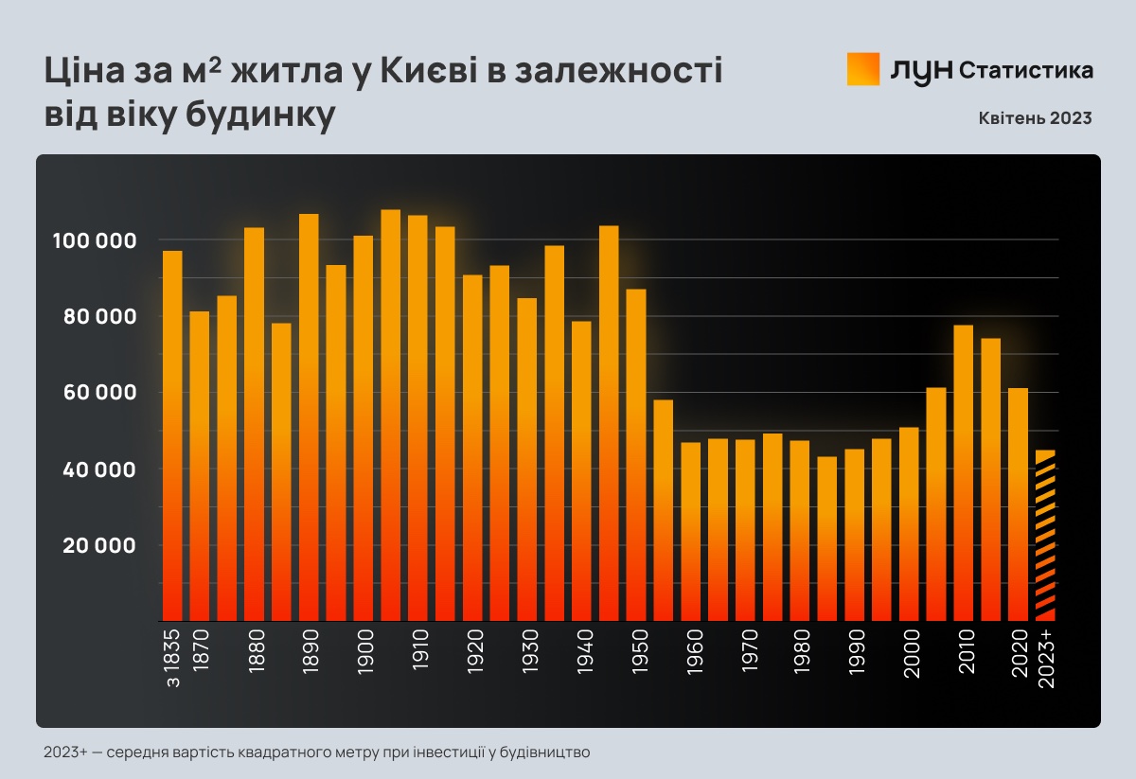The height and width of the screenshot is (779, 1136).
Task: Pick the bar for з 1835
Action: click(x=172, y=434)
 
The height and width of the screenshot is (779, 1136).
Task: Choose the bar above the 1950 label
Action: click(x=636, y=453)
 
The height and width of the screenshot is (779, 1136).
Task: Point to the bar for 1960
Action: click(x=691, y=530)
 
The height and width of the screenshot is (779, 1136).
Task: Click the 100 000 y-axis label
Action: click(x=96, y=240)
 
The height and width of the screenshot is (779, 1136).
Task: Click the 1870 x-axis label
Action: click(x=200, y=652)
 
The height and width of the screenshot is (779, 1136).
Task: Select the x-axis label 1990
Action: click(x=854, y=652)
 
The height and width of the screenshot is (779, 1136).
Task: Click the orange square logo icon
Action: click(x=863, y=69)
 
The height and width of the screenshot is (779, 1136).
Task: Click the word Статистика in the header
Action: click(x=1026, y=70)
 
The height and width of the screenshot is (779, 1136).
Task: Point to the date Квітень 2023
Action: click(x=1036, y=118)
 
